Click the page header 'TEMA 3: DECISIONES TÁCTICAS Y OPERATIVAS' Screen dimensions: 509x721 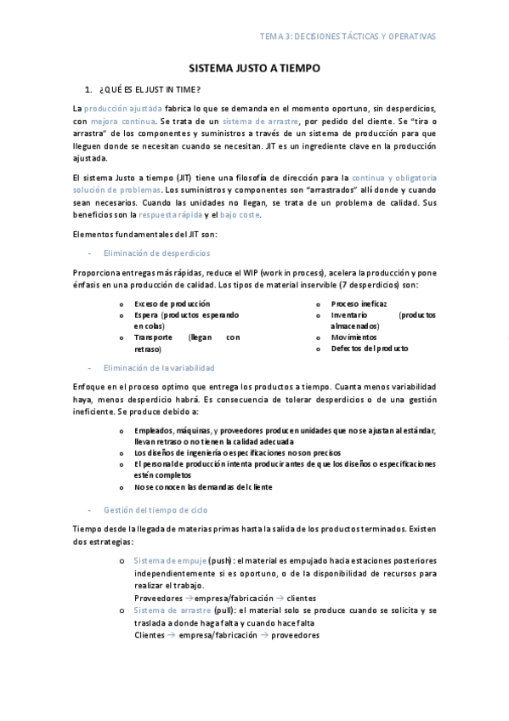348,37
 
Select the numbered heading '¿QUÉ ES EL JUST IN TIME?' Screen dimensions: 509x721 150,89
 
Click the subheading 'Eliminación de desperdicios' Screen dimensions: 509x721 156,253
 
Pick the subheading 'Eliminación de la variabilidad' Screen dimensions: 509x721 158,367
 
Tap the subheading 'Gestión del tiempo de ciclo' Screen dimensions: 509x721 156,510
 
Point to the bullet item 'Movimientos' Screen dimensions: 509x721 354,337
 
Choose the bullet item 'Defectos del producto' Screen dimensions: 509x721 370,349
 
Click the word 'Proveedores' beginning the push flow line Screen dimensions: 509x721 157,598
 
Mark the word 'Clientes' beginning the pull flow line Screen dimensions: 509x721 150,634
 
